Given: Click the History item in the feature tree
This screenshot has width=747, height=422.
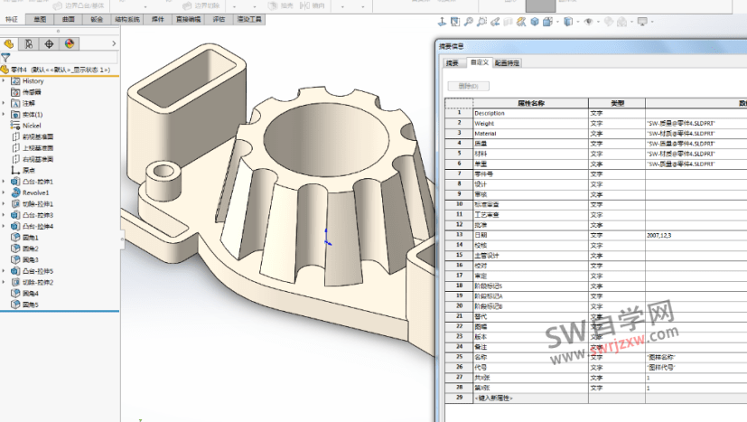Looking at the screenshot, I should pyautogui.click(x=33, y=81).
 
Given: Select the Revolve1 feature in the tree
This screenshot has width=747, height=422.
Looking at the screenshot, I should pyautogui.click(x=35, y=192).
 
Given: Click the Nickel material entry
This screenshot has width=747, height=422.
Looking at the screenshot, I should pyautogui.click(x=33, y=126).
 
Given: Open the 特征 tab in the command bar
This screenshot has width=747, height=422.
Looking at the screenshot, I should pyautogui.click(x=12, y=18).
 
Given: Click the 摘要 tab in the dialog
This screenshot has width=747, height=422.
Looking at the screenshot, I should pyautogui.click(x=452, y=63).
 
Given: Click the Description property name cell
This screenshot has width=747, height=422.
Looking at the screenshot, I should pyautogui.click(x=496, y=113).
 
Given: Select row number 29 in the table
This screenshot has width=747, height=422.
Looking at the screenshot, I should pyautogui.click(x=460, y=398).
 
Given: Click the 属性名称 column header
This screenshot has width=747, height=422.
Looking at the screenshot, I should pyautogui.click(x=530, y=102).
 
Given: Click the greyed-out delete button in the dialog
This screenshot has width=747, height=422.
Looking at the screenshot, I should pyautogui.click(x=468, y=86).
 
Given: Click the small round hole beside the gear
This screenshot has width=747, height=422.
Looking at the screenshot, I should pyautogui.click(x=164, y=170).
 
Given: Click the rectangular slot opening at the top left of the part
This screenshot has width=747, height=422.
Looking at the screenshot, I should pyautogui.click(x=220, y=70).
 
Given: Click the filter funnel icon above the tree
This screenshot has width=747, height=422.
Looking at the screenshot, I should pyautogui.click(x=6, y=56).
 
